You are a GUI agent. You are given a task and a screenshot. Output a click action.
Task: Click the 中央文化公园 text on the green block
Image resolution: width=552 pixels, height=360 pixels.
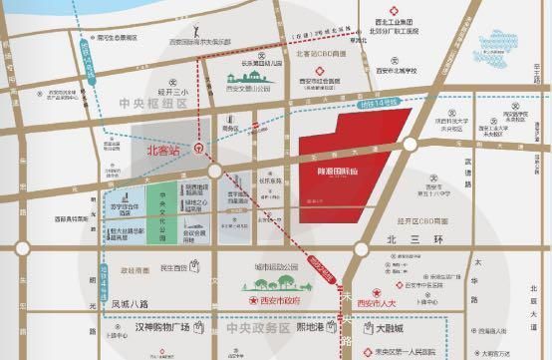157,211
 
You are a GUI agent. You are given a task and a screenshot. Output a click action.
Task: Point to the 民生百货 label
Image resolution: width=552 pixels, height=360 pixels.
174,267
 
